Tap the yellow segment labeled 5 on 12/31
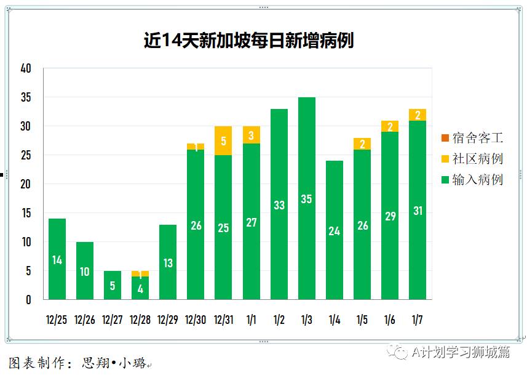coord(223,141)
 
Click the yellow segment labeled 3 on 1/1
coord(251,135)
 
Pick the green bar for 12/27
coord(113,285)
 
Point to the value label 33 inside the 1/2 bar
coord(279,205)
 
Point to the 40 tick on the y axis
coord(26,68)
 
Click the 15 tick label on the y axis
coord(26,213)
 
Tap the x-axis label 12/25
coord(57,320)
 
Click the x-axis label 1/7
coord(417,320)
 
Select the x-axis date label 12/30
coord(196,320)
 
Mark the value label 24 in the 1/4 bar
coord(334,232)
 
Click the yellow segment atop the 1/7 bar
coord(418,115)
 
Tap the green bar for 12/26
coord(85,271)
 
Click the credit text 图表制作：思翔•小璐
coord(77,363)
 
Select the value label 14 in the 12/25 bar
coord(57,260)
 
